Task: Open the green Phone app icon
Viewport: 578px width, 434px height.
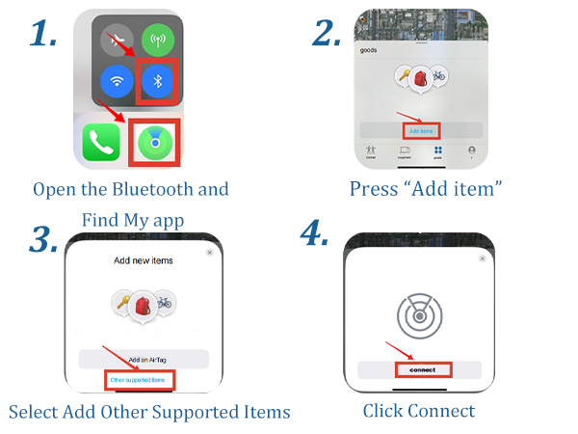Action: [101, 142]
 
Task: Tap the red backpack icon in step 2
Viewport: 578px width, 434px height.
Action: [420, 80]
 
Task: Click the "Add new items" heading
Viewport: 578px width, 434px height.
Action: [142, 260]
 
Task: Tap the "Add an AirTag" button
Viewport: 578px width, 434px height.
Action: [142, 358]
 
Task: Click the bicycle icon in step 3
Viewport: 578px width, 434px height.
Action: [166, 304]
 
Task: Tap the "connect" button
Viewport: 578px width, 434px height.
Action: [421, 369]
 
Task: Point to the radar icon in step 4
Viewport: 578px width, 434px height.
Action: [421, 314]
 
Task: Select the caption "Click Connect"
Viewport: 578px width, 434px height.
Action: [419, 411]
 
